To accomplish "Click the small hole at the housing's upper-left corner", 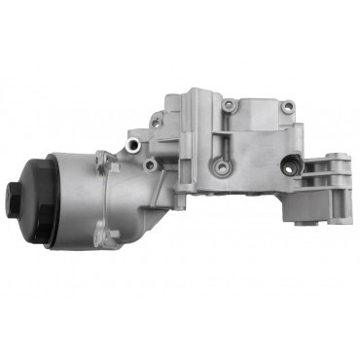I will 156,121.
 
